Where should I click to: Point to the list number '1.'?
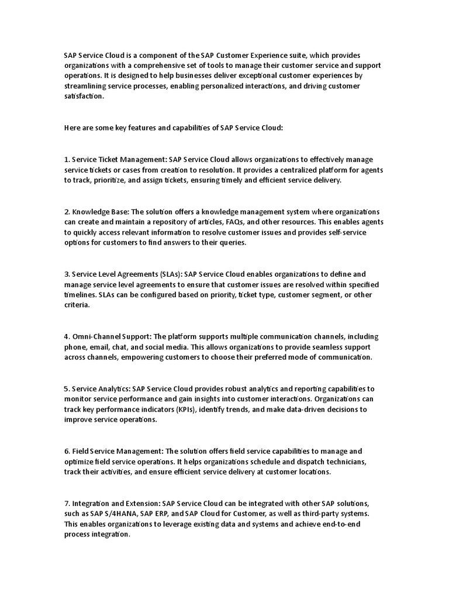point(67,160)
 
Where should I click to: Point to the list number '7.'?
point(67,504)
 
